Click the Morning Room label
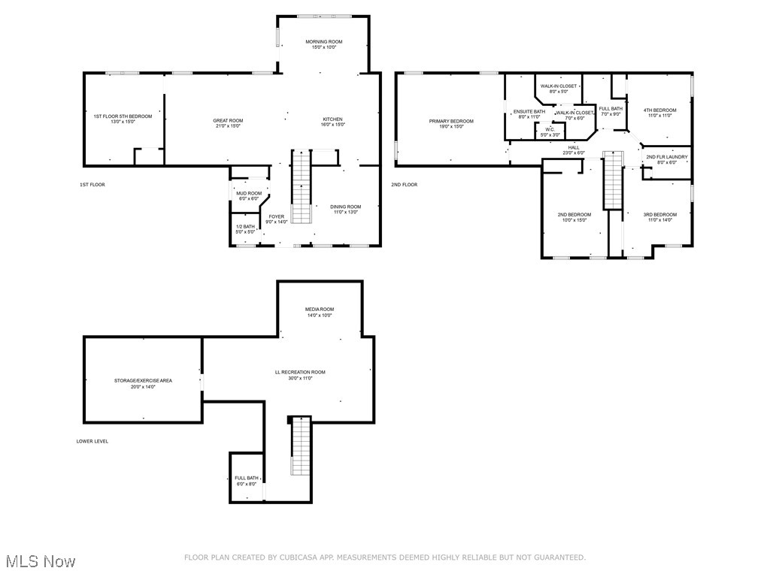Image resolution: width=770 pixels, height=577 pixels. (x=324, y=41)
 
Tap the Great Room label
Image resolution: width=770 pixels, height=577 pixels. (x=228, y=120)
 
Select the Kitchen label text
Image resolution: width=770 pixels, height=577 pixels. (x=332, y=119)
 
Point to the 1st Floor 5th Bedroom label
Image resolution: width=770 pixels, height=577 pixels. (x=123, y=116)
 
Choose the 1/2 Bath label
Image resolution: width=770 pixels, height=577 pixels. (x=245, y=227)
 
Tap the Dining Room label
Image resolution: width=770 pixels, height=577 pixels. (x=346, y=207)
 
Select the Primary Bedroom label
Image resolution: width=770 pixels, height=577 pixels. (x=451, y=121)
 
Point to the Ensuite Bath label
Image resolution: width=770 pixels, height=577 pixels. (x=529, y=112)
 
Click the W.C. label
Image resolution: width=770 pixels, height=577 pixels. (x=550, y=129)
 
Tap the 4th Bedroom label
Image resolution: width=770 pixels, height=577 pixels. (x=659, y=110)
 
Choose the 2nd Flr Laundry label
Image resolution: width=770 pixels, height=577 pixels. (x=666, y=157)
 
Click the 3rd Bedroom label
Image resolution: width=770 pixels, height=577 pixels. (x=659, y=215)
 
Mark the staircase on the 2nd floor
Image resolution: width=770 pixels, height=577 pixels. (x=614, y=180)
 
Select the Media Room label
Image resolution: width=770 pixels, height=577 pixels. (x=319, y=310)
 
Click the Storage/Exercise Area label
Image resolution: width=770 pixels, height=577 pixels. (x=143, y=381)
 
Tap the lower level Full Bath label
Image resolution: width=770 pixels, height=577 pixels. (x=246, y=478)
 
